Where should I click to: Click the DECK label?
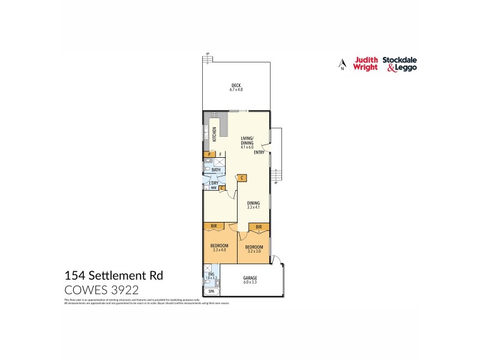(x=236, y=85)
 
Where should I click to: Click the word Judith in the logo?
(x=365, y=60)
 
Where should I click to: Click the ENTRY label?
(x=259, y=152)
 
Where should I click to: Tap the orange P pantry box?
(x=209, y=155)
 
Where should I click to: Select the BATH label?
(x=216, y=170)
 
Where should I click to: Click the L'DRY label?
(x=213, y=182)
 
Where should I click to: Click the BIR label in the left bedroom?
(x=213, y=226)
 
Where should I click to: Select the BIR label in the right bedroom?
(x=259, y=226)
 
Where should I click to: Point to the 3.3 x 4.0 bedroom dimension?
(x=218, y=250)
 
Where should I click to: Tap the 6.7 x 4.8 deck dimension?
(x=236, y=89)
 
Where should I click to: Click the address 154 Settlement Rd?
(x=113, y=276)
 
